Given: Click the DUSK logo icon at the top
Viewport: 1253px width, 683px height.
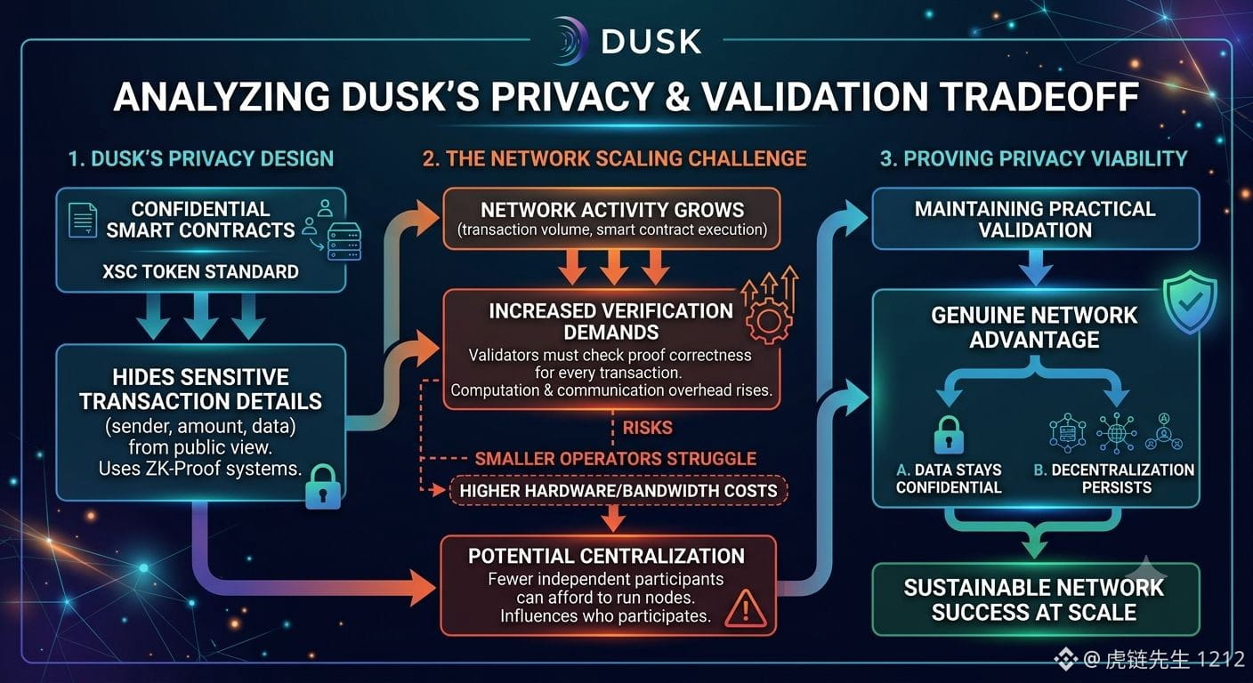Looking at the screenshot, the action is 569,41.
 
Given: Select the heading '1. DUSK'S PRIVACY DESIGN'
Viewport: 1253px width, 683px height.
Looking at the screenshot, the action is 201,158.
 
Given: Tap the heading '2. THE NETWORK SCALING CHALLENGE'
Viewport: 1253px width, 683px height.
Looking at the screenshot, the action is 614,158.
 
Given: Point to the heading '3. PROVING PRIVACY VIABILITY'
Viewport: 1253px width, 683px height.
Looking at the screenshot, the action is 1034,158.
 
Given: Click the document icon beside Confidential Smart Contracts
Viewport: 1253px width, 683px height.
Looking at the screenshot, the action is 82,220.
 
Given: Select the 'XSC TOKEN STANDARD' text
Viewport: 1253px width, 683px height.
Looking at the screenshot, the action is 200,271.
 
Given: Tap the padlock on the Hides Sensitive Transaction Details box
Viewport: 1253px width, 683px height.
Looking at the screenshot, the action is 323,486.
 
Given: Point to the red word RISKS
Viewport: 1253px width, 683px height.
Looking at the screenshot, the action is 647,428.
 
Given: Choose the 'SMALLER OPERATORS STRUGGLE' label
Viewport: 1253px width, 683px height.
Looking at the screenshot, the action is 615,459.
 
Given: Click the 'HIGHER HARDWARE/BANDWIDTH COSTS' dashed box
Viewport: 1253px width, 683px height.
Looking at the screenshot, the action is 618,491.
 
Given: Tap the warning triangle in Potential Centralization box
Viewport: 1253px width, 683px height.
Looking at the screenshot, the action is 746,608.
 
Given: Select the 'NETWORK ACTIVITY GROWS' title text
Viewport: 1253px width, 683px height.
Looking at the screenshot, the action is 612,210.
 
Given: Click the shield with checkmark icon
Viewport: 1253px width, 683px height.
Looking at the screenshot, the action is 1190,302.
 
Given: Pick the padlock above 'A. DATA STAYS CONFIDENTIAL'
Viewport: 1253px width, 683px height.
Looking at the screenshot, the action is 949,434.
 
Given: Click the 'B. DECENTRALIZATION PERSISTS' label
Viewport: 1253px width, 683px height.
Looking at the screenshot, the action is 1114,478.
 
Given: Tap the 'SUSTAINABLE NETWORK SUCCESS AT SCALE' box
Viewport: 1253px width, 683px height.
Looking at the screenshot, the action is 1036,599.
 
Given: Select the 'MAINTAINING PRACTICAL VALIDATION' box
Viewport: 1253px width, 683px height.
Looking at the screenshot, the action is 1036,219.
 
